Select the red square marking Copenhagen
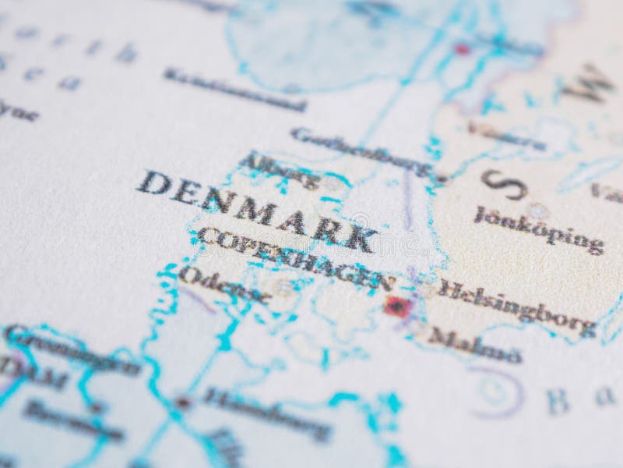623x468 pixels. point(397,306)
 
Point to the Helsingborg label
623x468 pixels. point(517,307)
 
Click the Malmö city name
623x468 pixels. point(474,345)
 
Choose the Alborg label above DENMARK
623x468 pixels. point(280,170)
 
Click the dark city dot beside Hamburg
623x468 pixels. point(182,402)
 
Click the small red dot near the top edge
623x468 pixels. point(463,49)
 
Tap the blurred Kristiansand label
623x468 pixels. point(234,89)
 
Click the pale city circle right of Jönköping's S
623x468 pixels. point(536,211)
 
